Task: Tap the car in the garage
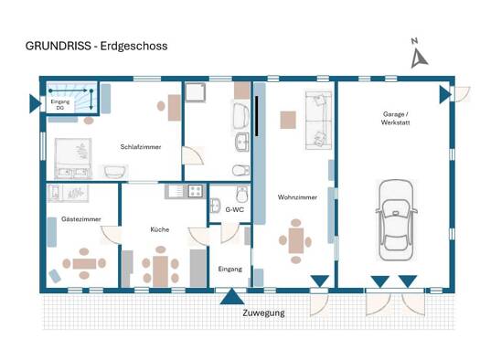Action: [x=396, y=220]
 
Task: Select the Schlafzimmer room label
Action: [x=141, y=147]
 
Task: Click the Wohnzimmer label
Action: [x=297, y=197]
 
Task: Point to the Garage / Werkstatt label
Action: [x=395, y=119]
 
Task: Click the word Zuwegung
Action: [x=263, y=313]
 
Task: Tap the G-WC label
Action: [x=234, y=210]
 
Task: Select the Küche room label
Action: [x=160, y=229]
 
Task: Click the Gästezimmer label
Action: [x=81, y=219]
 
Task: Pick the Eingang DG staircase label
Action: [x=60, y=104]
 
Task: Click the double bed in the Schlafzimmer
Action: [x=73, y=158]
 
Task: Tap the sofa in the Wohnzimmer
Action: [x=319, y=120]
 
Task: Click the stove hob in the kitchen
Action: [x=196, y=192]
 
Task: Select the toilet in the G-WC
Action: [x=242, y=195]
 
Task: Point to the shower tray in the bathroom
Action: [x=196, y=91]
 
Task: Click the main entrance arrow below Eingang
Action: [x=232, y=297]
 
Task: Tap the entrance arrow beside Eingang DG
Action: [x=36, y=103]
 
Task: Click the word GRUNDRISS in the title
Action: [x=59, y=46]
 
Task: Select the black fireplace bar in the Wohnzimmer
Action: [x=257, y=116]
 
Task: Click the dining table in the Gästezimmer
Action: [x=84, y=263]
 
